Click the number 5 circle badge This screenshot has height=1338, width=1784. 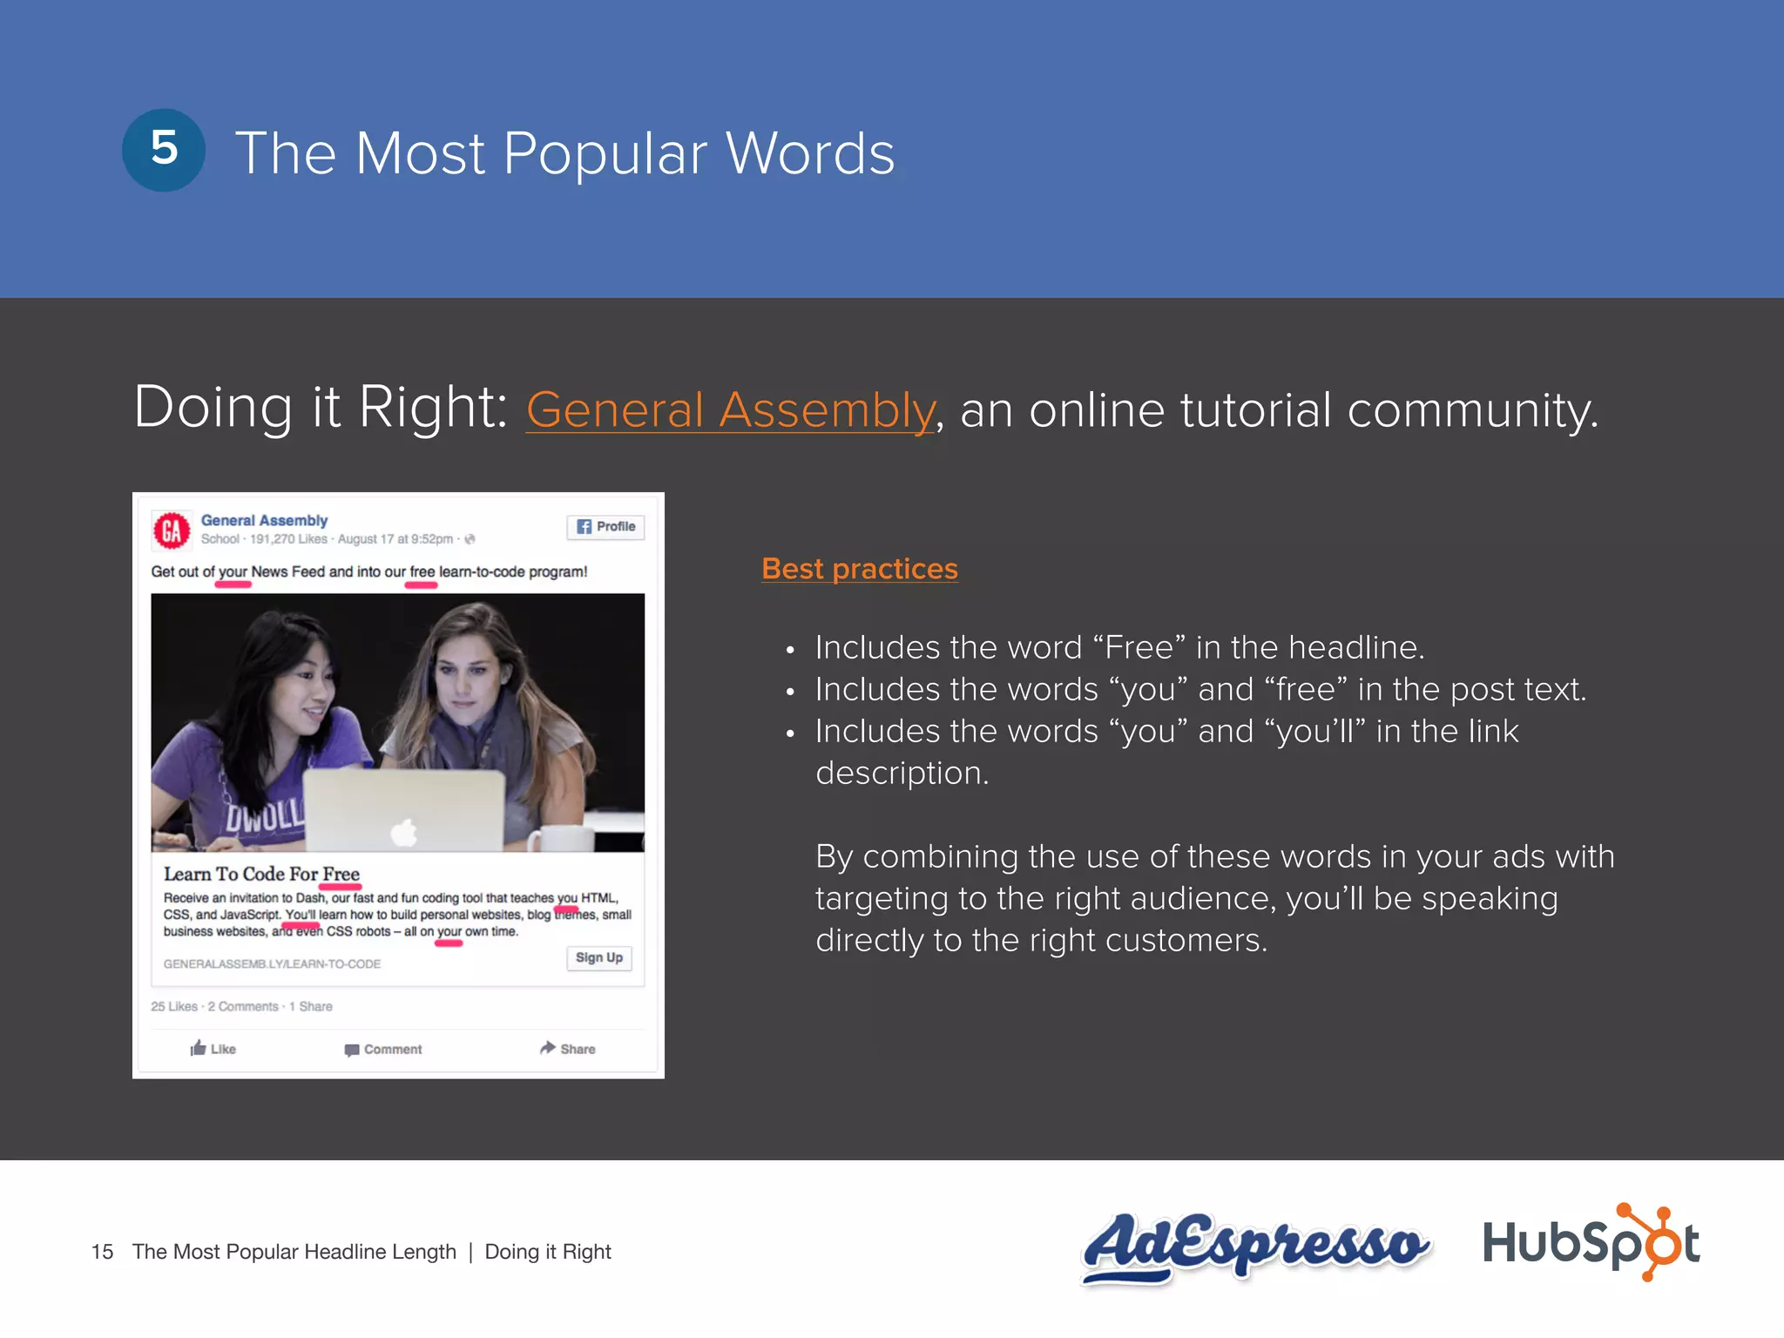164,150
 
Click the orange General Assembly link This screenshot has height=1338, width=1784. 730,409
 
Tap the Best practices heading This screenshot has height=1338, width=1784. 859,569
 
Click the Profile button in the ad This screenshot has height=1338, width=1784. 605,527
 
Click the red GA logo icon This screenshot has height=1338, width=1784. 172,530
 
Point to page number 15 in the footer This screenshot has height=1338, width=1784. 102,1252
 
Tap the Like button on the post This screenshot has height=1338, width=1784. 213,1049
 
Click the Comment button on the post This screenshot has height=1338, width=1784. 383,1050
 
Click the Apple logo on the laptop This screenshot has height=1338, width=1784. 404,832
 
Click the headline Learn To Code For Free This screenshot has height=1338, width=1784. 261,874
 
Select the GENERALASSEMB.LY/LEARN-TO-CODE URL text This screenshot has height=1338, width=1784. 272,964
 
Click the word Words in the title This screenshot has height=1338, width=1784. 810,154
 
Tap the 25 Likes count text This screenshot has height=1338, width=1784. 174,1006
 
